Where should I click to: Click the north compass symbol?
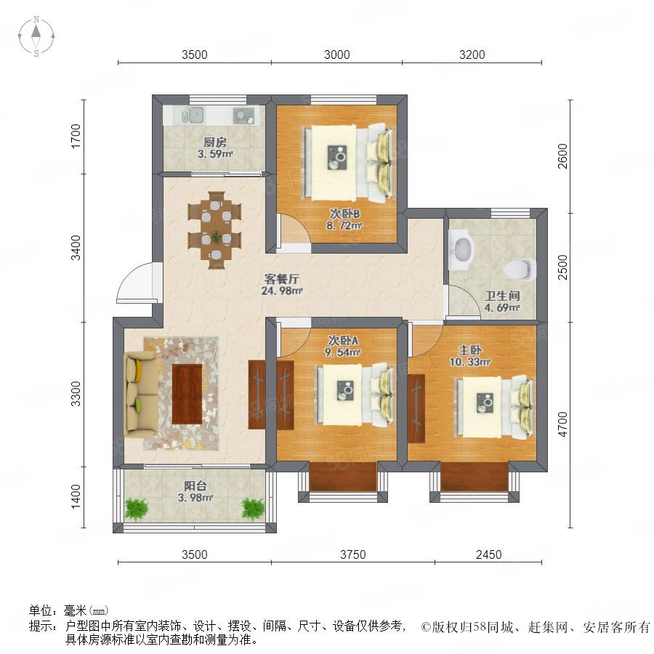[36, 36]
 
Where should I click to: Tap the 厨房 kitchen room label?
[215, 142]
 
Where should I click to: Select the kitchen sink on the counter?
[193, 115]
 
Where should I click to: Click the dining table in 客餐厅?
[215, 230]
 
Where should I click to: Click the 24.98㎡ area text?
[281, 291]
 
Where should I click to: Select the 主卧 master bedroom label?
[470, 350]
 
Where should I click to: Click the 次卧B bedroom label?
[344, 214]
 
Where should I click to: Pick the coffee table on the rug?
[187, 394]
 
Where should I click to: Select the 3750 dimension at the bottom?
[353, 554]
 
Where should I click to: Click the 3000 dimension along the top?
[337, 54]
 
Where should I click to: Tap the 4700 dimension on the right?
[562, 424]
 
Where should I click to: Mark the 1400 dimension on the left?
[76, 496]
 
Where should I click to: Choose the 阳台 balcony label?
[195, 486]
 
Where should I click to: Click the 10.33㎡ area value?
[470, 362]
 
